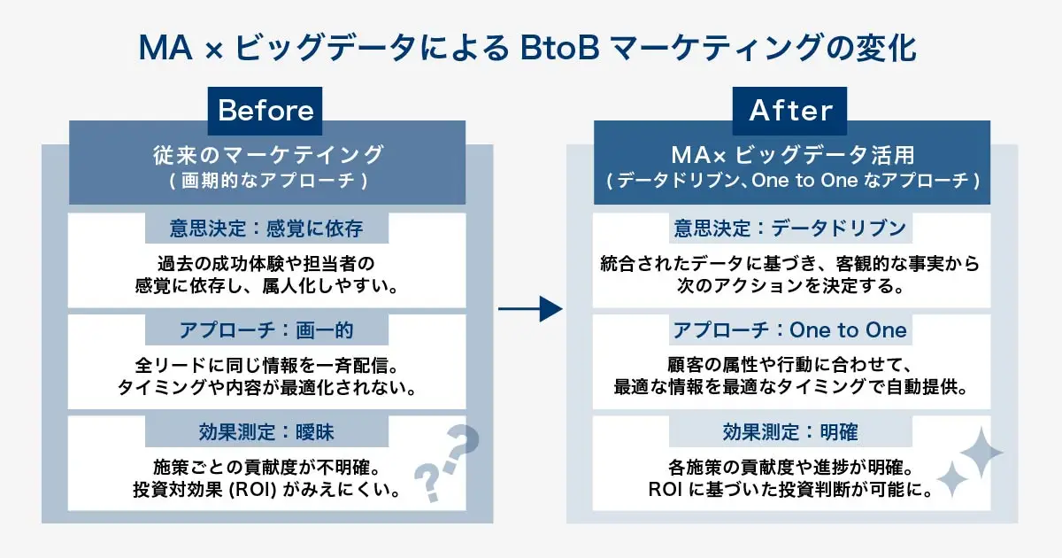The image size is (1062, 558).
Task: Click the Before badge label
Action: tap(265, 111)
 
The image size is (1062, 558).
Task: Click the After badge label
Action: tap(790, 111)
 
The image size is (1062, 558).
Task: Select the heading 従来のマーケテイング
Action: tap(267, 154)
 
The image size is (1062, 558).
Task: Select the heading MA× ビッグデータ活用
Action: tap(791, 154)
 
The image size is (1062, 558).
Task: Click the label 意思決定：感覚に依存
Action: tap(266, 229)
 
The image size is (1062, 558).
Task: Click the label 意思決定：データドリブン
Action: tap(790, 229)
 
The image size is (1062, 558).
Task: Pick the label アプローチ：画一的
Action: tap(266, 330)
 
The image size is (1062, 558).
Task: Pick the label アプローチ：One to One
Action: tap(790, 330)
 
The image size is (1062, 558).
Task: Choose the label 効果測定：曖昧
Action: tap(266, 432)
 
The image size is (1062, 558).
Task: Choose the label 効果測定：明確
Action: tap(790, 432)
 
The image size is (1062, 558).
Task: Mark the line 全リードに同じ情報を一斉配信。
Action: tap(266, 364)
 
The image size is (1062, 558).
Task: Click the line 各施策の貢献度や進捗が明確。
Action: tap(790, 466)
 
